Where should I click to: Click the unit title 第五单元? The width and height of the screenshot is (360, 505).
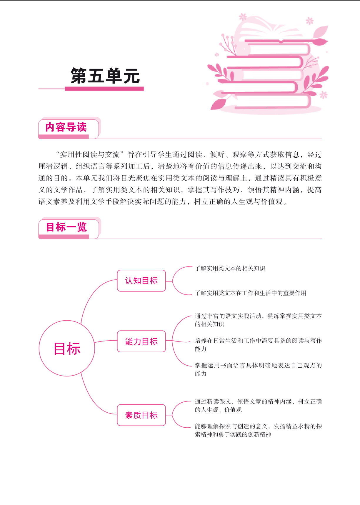click(105, 76)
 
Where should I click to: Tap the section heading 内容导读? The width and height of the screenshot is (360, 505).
click(66, 127)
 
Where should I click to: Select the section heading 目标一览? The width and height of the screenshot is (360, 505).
click(66, 227)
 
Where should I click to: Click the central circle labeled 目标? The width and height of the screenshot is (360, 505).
click(67, 348)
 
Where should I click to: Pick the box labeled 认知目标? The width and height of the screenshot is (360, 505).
click(141, 281)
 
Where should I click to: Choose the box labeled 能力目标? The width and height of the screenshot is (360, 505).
click(141, 341)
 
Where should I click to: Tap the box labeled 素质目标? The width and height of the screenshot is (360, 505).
click(141, 415)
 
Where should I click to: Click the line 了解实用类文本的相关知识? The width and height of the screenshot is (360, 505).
click(230, 268)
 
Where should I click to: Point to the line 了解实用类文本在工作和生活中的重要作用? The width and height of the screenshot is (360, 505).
click(251, 293)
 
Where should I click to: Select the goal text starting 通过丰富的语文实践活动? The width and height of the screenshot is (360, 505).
click(258, 320)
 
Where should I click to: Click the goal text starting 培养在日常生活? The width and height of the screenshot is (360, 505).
click(258, 345)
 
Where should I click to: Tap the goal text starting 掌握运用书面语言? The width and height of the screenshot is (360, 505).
click(258, 369)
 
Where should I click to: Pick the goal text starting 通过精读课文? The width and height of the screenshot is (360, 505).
click(258, 406)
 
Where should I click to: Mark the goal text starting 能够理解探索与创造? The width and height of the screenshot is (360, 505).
click(258, 430)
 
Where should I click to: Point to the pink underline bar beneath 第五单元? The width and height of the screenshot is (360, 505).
click(104, 89)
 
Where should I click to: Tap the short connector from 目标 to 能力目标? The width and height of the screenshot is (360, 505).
click(106, 341)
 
